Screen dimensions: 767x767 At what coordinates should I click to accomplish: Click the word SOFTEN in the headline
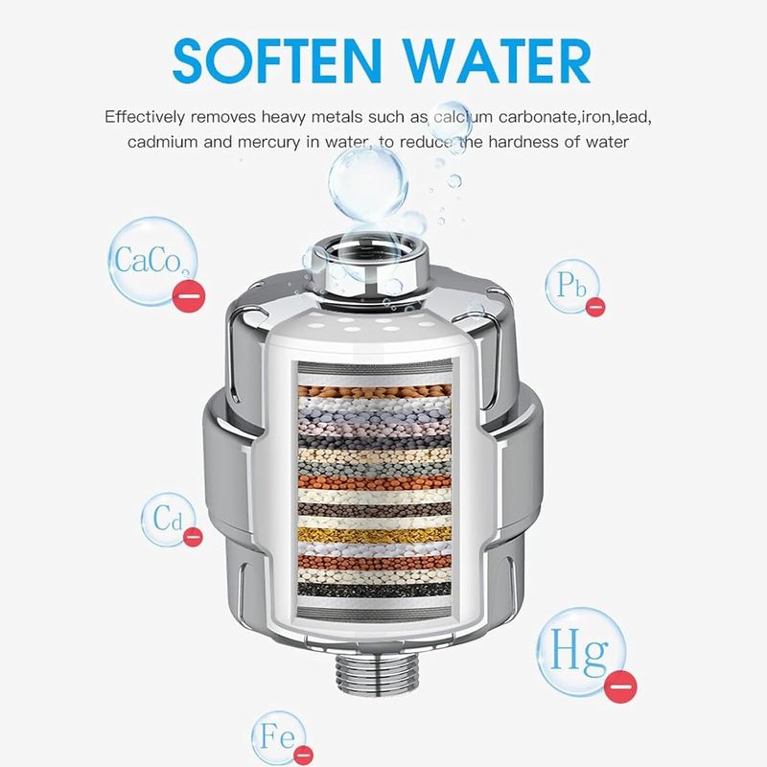pyautogui.click(x=277, y=60)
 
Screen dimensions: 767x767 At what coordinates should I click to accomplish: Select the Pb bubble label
pyautogui.click(x=571, y=285)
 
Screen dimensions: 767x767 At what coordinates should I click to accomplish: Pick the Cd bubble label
pyautogui.click(x=168, y=519)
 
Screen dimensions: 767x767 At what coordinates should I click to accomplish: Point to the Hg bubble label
pyautogui.click(x=581, y=651)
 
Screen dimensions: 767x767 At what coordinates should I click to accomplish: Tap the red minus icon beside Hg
pyautogui.click(x=620, y=686)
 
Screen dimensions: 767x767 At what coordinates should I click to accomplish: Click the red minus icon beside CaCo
pyautogui.click(x=189, y=295)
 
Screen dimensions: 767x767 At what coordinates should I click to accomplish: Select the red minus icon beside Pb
pyautogui.click(x=595, y=307)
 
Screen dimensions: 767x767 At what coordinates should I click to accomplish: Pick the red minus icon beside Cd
pyautogui.click(x=193, y=537)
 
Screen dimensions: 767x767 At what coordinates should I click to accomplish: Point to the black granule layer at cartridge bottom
pyautogui.click(x=374, y=589)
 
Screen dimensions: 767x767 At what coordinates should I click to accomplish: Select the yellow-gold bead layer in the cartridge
pyautogui.click(x=374, y=535)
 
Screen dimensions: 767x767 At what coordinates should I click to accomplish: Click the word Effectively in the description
pyautogui.click(x=145, y=117)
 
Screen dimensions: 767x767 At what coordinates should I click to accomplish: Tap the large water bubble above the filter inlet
pyautogui.click(x=368, y=183)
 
